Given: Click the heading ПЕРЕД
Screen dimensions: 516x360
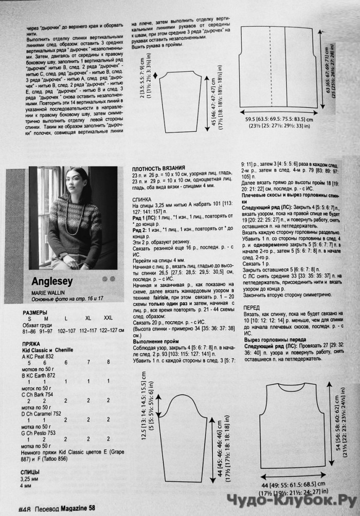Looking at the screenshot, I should pos(251,307).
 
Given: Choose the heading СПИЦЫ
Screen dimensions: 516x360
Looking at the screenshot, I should pos(32,471).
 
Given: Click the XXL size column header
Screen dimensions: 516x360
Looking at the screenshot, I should pos(107,319).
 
